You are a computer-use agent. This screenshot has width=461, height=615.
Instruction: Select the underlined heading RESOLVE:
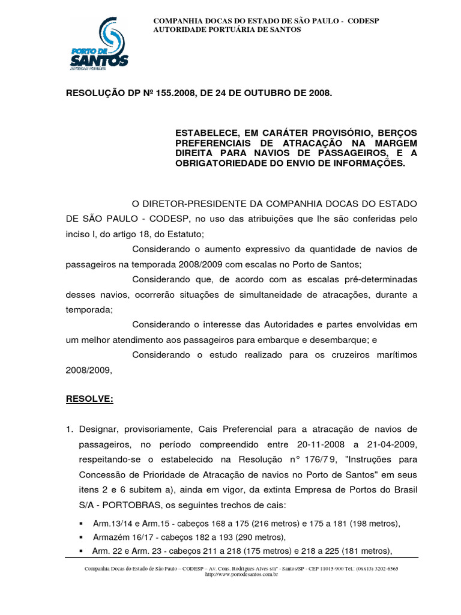[89, 399]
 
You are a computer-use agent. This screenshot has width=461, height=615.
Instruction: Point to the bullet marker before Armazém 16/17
[81, 538]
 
